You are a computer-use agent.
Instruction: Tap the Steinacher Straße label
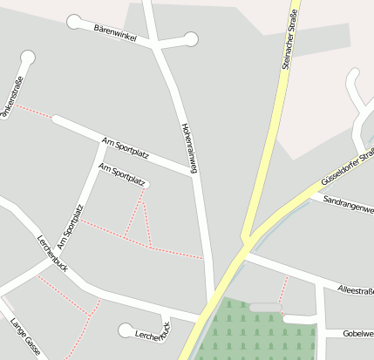pyautogui.click(x=291, y=38)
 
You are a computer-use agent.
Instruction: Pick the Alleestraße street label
pyautogui.click(x=354, y=289)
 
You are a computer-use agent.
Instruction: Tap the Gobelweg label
pyautogui.click(x=357, y=333)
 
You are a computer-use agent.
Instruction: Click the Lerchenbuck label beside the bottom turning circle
pyautogui.click(x=153, y=332)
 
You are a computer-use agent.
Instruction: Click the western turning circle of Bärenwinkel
pyautogui.click(x=75, y=20)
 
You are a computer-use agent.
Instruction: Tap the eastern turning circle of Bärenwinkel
pyautogui.click(x=191, y=38)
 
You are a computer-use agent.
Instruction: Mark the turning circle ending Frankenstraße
pyautogui.click(x=28, y=58)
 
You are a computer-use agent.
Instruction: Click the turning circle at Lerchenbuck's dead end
pyautogui.click(x=125, y=329)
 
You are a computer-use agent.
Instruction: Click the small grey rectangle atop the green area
pyautogui.click(x=264, y=307)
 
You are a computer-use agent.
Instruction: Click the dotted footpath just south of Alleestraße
pyautogui.click(x=283, y=289)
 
